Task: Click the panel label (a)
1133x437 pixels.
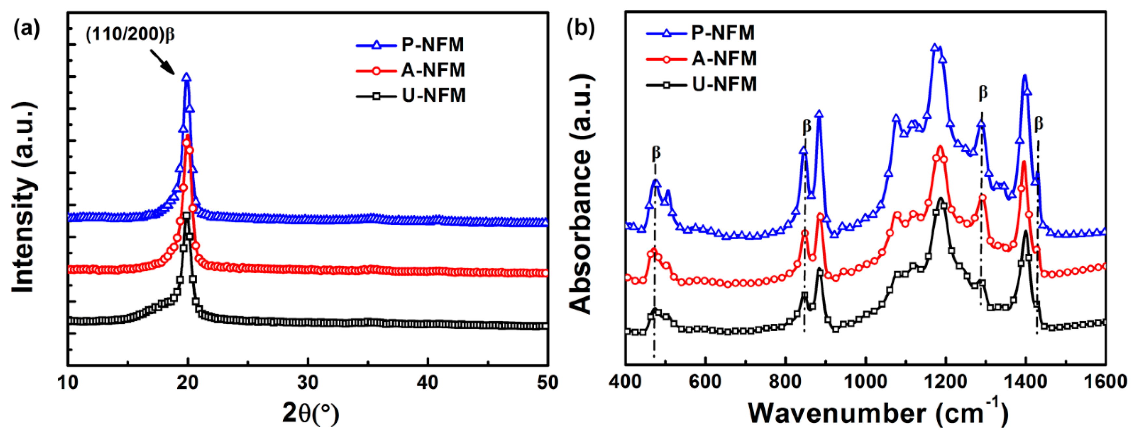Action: click(26, 29)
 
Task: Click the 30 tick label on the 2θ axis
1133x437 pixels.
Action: click(307, 383)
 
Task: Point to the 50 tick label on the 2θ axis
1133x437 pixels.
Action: click(547, 383)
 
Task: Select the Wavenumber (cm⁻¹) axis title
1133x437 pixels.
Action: click(877, 413)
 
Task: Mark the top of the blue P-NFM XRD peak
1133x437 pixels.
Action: click(187, 77)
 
